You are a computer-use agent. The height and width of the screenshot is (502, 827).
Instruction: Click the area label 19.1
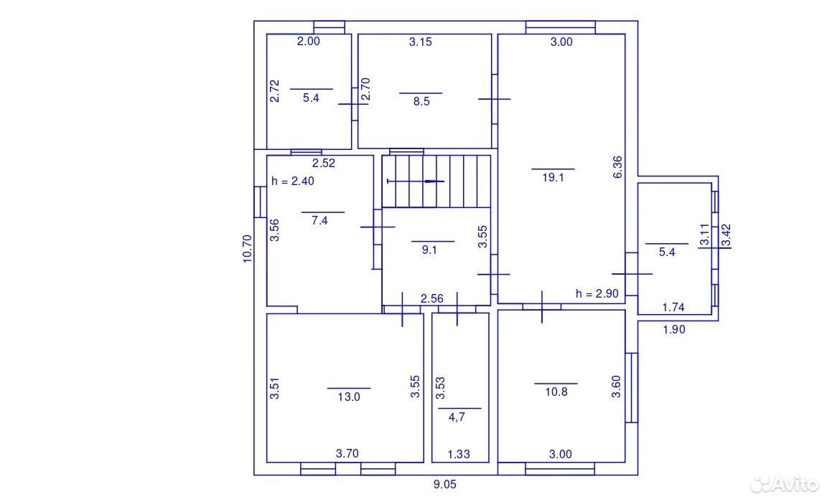[553, 178]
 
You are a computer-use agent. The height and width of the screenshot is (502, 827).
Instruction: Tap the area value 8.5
[421, 102]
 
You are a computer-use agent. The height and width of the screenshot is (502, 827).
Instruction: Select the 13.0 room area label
[349, 397]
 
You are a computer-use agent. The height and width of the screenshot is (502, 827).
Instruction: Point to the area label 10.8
[556, 392]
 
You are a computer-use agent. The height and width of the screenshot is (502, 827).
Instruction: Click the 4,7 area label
[457, 417]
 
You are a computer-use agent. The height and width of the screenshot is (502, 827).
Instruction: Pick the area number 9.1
[429, 250]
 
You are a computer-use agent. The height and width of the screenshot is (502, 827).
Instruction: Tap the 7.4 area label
[319, 221]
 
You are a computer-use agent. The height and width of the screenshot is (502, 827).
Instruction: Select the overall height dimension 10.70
[248, 249]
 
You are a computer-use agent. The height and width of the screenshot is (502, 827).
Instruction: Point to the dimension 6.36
[617, 167]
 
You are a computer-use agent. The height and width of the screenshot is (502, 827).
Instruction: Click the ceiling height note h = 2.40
[293, 181]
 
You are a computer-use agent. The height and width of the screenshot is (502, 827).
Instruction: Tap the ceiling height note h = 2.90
[597, 293]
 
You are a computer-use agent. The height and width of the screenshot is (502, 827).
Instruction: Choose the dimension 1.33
[459, 454]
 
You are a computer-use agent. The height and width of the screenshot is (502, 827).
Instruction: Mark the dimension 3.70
[347, 453]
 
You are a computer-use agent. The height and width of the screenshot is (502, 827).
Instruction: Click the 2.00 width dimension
[309, 41]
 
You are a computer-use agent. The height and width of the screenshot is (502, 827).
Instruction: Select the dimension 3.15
[421, 42]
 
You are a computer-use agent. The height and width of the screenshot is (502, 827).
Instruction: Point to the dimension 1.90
[674, 330]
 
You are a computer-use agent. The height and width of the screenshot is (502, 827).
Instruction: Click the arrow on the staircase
[416, 181]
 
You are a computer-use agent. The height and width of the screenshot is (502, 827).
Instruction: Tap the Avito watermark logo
[784, 483]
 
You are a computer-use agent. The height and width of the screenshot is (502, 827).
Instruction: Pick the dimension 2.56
[432, 298]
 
